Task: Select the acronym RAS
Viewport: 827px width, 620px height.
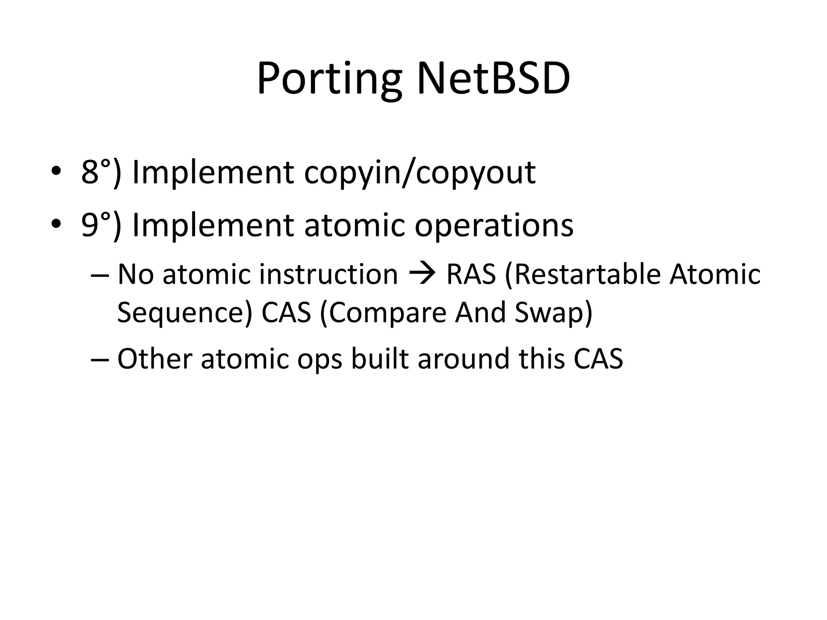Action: [x=471, y=274]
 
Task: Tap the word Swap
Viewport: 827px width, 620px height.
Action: [x=549, y=313]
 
